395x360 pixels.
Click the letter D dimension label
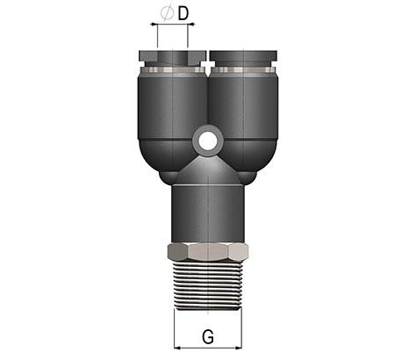183,14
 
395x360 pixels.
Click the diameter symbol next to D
168,13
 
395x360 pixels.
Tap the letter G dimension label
208,336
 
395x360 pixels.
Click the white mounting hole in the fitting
208,140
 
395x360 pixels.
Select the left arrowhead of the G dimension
177,348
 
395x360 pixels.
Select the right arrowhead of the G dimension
239,348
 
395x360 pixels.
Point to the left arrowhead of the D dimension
154,25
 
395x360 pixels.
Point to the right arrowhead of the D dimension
191,25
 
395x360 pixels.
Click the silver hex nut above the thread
208,252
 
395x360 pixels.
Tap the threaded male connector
208,285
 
